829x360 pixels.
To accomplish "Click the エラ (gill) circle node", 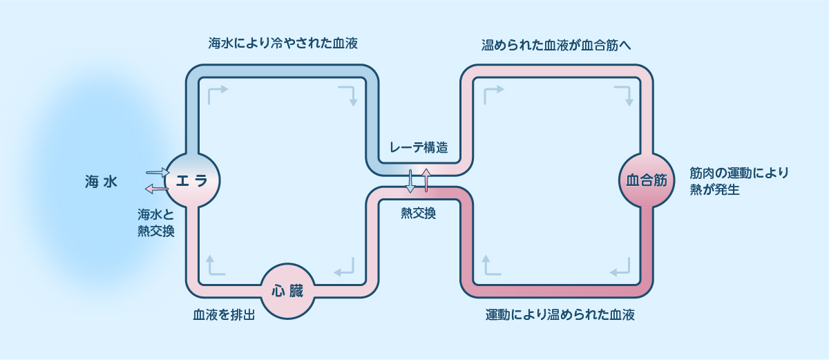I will tap(192, 180).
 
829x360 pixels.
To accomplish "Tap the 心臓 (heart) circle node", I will tap(287, 291).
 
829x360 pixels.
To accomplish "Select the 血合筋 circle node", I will tap(646, 180).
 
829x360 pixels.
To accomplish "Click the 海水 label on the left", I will tap(101, 182).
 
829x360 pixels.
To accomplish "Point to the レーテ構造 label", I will tap(419, 147).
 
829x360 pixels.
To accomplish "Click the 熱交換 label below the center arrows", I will tap(419, 214).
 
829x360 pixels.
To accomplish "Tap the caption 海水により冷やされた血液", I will tap(283, 44).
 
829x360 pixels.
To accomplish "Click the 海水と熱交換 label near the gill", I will tap(155, 222).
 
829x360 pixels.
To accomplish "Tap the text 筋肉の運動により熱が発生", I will tap(739, 181).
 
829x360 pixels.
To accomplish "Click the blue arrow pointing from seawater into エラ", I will tap(158, 172).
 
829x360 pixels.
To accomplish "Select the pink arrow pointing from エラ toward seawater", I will tap(156, 189).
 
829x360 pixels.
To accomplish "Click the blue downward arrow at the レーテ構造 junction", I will tap(411, 180).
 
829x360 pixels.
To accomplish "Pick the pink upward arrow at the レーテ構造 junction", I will tap(426, 180).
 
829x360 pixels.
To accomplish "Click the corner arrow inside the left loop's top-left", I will tap(216, 94).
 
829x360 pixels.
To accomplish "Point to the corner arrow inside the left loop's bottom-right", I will tap(345, 265).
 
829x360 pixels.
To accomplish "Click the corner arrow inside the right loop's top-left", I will tap(493, 94).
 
